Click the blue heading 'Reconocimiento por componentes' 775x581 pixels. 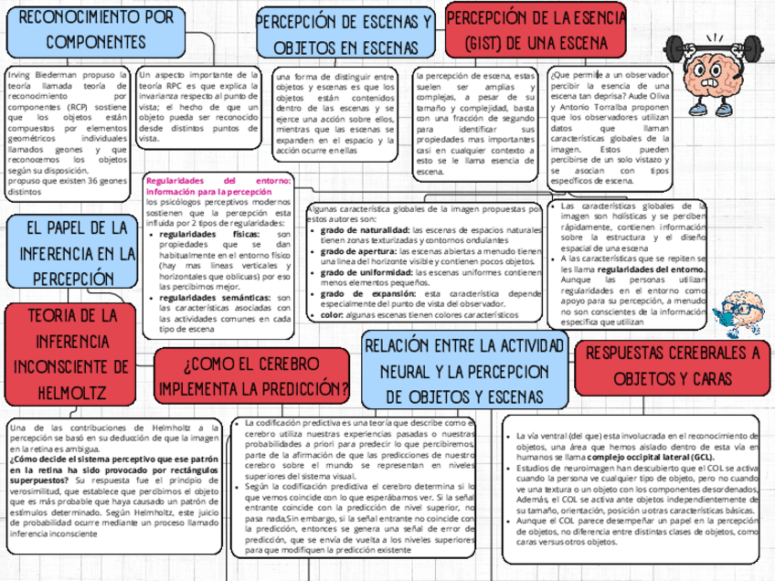pyautogui.click(x=96, y=30)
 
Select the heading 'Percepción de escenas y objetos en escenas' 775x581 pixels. pyautogui.click(x=344, y=34)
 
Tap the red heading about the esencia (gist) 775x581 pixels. pyautogui.click(x=536, y=30)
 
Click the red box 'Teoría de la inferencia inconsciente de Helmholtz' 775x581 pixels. pyautogui.click(x=71, y=354)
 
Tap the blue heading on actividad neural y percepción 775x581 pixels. pyautogui.click(x=464, y=370)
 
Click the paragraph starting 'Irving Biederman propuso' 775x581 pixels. pyautogui.click(x=67, y=133)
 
